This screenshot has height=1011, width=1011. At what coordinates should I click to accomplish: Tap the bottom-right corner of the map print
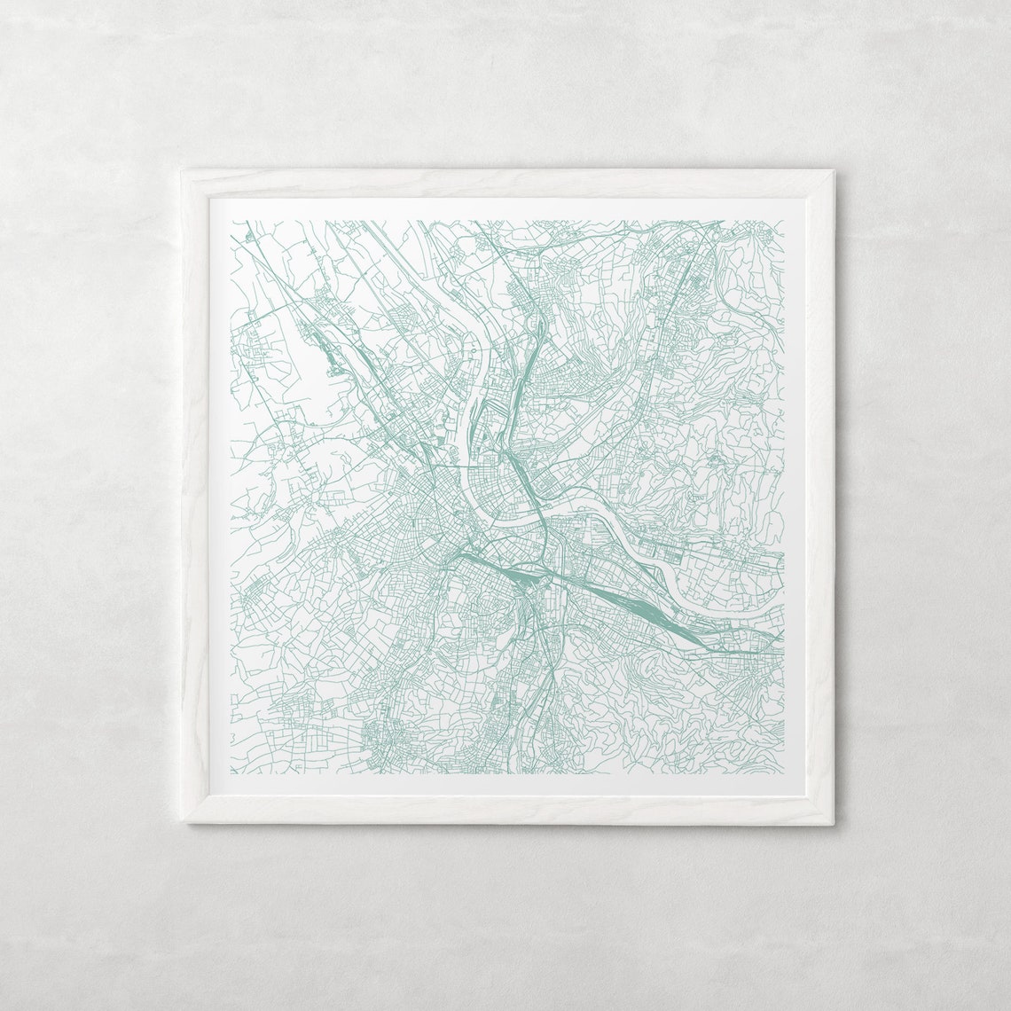pos(784,774)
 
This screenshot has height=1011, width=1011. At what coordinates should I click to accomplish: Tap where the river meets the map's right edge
pos(782,557)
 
